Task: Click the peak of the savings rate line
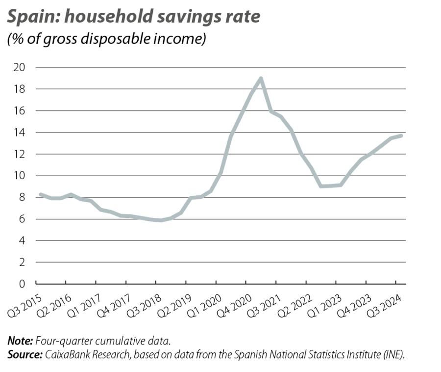tap(261, 78)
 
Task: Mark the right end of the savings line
tap(402, 135)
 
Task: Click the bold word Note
tap(19, 341)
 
